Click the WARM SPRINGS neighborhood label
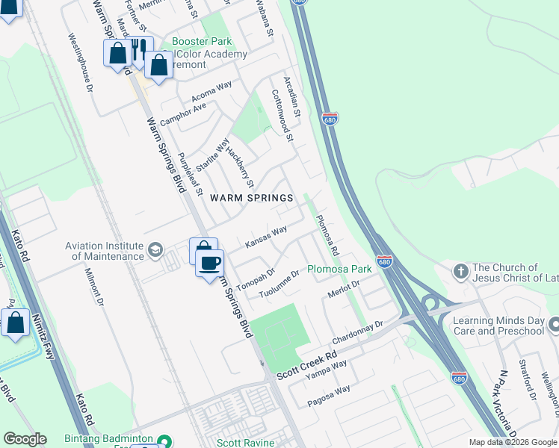click(251, 198)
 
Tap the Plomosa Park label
click(340, 269)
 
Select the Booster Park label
click(202, 41)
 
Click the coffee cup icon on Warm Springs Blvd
click(210, 262)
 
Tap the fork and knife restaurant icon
click(139, 50)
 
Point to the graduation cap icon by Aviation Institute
click(155, 249)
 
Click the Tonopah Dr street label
click(256, 279)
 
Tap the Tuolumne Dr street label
click(279, 284)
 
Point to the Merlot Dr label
click(344, 290)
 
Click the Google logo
click(25, 439)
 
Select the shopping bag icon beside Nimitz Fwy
click(15, 323)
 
